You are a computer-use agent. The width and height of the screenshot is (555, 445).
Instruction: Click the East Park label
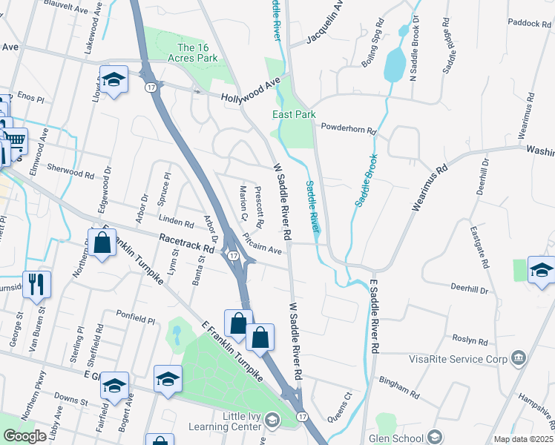click(294, 114)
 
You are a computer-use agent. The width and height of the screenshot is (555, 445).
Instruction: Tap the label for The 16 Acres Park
click(197, 53)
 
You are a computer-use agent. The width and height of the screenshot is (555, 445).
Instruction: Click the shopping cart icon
click(15, 139)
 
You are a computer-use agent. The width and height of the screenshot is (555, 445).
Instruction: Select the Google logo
click(24, 436)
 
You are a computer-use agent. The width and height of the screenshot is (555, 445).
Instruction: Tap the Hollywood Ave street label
click(251, 88)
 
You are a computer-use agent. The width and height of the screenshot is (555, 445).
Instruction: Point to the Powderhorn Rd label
click(349, 128)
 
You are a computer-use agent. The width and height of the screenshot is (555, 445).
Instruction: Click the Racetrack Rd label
click(187, 245)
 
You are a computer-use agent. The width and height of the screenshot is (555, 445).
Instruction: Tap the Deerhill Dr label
click(470, 289)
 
